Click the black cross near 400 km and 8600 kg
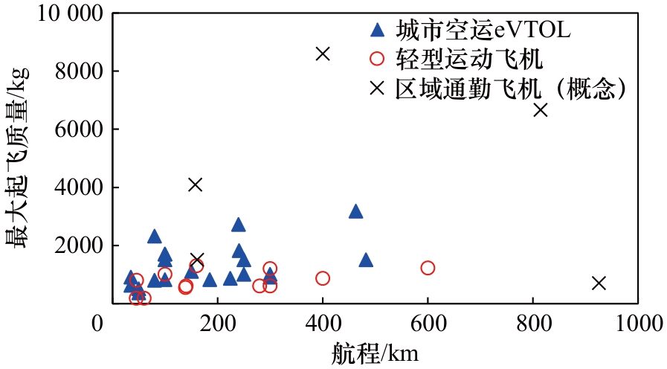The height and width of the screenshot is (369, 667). [x=323, y=54]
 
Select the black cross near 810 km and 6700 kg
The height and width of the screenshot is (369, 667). [x=541, y=109]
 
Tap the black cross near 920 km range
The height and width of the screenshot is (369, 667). [x=599, y=283]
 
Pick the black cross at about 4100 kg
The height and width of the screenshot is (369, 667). [x=196, y=184]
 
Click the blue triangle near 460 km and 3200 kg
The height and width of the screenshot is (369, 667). [x=355, y=212]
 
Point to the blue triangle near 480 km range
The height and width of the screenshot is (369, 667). [x=366, y=260]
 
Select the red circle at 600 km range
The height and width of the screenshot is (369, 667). [x=428, y=268]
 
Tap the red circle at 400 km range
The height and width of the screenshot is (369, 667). [x=323, y=278]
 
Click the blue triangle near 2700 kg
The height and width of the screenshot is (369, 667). [x=239, y=225]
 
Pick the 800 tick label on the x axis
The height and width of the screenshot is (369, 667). [x=533, y=324]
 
